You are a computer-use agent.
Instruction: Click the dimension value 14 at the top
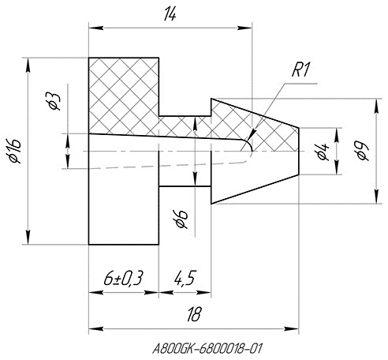170,14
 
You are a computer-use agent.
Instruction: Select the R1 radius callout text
300,69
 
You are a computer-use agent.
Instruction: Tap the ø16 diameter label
15,151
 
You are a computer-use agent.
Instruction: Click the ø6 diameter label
181,219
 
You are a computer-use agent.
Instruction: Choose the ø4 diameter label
323,152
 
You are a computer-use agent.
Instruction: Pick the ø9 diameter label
363,151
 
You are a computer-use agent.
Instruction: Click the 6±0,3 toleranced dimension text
123,279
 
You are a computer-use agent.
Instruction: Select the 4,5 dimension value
185,279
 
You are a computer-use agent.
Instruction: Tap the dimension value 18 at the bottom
194,314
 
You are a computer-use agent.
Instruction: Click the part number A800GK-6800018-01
207,349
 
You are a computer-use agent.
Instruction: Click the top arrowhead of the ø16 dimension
28,65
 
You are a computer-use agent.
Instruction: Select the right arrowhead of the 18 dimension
292,328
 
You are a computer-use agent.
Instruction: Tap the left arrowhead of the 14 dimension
95,28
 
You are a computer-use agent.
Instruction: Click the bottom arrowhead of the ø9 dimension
376,197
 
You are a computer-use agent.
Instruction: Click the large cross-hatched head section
124,96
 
